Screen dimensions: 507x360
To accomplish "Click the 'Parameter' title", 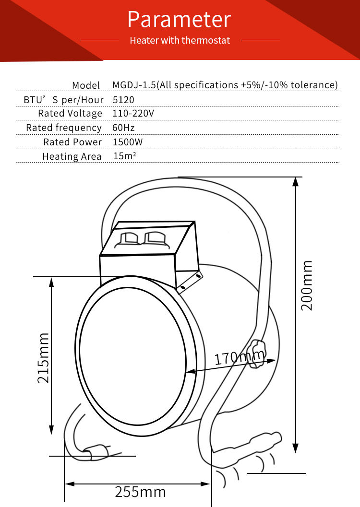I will coord(180,20).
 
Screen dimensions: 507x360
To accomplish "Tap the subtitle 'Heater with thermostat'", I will coord(180,40).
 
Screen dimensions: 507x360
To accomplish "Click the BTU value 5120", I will coord(123,100).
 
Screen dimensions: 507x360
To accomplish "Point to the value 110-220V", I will coord(133,114).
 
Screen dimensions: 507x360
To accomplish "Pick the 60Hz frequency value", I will coord(123,128).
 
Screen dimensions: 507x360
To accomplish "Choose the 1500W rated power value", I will coord(128,142).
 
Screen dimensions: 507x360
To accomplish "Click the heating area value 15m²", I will coord(124,156).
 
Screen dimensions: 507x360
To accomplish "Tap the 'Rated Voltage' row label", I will coord(70,114).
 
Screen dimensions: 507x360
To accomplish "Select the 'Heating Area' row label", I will coord(72,156).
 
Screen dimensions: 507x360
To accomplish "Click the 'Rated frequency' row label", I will coord(64,128).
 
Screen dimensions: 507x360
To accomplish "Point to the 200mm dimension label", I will coord(307,285).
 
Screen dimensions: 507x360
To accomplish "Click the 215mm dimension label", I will coord(44,358).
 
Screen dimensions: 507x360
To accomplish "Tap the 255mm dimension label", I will coord(140,492).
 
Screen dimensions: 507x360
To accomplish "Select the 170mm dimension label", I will coord(239,357).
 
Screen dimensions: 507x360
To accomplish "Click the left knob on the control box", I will coord(129,238).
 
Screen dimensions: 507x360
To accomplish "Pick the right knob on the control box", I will coord(153,237).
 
